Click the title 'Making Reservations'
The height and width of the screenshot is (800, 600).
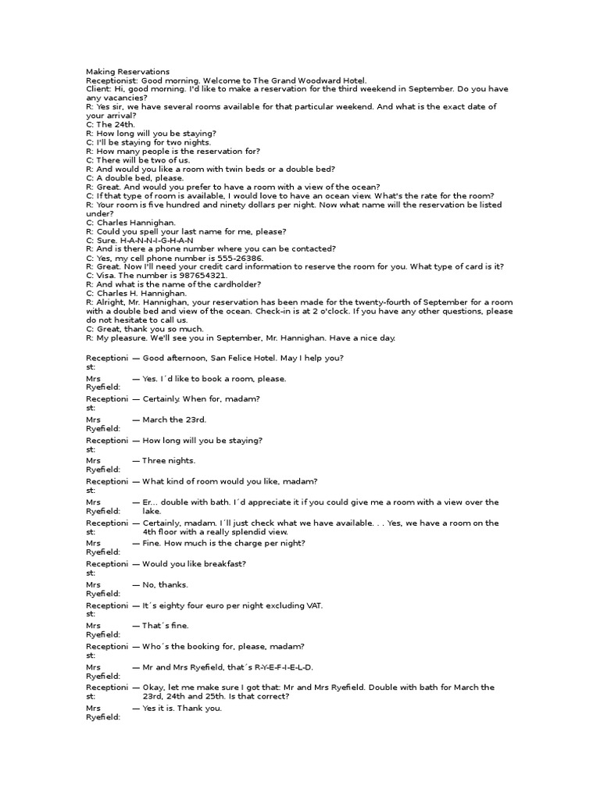click(127, 72)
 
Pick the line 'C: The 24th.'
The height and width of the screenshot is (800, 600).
click(110, 124)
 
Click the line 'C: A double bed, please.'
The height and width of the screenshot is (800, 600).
click(134, 178)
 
